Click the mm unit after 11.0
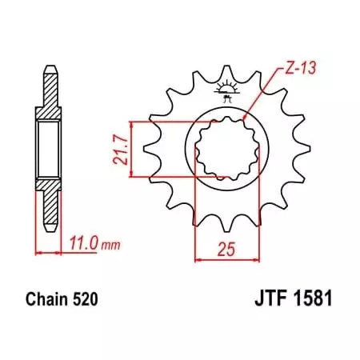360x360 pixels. pyautogui.click(x=98, y=239)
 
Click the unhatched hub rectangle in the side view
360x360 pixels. pyautogui.click(x=49, y=147)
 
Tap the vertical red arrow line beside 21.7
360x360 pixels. pyautogui.click(x=130, y=149)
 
